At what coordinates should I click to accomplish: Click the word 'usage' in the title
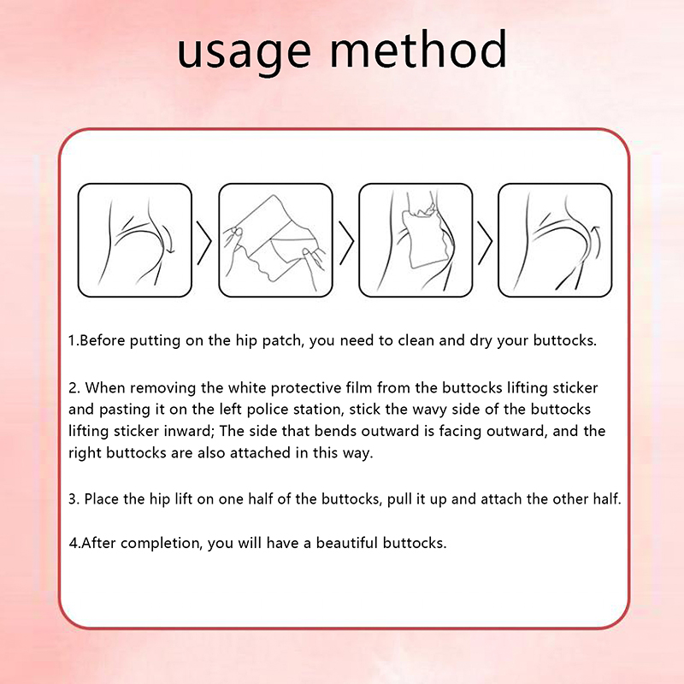(244, 54)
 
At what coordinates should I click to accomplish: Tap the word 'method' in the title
(418, 49)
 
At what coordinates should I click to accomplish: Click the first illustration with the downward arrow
(135, 240)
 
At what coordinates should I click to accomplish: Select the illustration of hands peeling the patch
(275, 240)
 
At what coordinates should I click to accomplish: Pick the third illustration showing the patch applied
(416, 240)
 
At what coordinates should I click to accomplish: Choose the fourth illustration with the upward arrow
(555, 240)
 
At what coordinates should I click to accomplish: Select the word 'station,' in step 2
(319, 410)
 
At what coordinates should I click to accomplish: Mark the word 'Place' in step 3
(102, 499)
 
